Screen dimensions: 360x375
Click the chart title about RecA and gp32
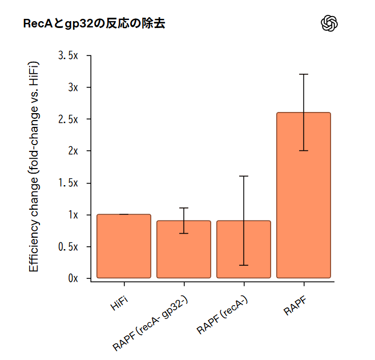(94, 24)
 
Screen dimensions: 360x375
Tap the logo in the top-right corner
(330, 23)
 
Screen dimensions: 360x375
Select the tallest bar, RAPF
(304, 195)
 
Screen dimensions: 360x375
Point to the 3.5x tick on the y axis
(68, 55)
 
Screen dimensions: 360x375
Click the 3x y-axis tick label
(71, 87)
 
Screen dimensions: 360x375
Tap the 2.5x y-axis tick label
(68, 119)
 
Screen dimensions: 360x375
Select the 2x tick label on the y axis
(71, 151)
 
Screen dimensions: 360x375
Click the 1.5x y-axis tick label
(68, 183)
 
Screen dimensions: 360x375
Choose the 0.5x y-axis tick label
(68, 247)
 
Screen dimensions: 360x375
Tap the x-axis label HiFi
(119, 302)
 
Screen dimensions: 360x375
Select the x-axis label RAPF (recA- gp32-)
(151, 323)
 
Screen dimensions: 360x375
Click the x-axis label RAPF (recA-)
(222, 315)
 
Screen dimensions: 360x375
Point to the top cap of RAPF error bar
(304, 74)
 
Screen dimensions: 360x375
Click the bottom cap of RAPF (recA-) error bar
(244, 265)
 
